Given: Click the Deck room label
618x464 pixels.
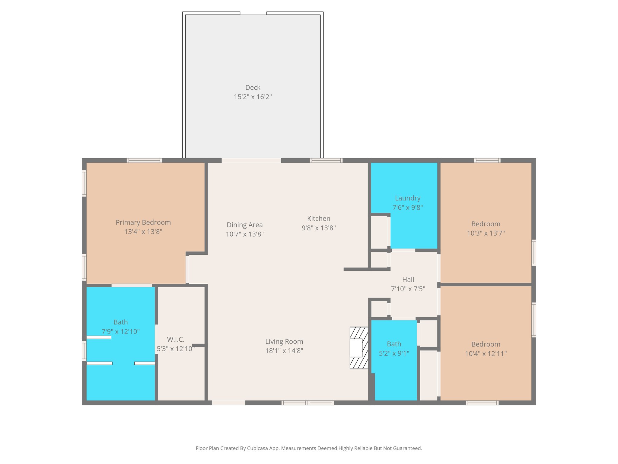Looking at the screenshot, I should pyautogui.click(x=253, y=88).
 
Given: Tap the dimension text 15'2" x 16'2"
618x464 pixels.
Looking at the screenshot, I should pyautogui.click(x=253, y=97).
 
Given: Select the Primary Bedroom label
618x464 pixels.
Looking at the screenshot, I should pyautogui.click(x=143, y=223).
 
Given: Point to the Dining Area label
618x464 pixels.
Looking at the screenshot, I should pyautogui.click(x=244, y=225).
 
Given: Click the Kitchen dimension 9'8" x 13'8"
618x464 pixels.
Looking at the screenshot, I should pyautogui.click(x=318, y=228).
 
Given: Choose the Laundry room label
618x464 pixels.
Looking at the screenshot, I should pyautogui.click(x=407, y=198).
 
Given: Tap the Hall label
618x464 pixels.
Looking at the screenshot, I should pyautogui.click(x=408, y=280).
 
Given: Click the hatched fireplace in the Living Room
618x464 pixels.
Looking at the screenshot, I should pyautogui.click(x=359, y=348).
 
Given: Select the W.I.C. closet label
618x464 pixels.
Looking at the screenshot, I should pyautogui.click(x=175, y=340).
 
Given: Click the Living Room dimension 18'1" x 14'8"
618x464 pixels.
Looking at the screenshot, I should pyautogui.click(x=284, y=351).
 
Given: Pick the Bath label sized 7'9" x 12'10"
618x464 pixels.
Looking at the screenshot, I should pyautogui.click(x=120, y=322).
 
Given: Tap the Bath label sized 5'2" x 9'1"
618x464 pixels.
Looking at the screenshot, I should pyautogui.click(x=394, y=344).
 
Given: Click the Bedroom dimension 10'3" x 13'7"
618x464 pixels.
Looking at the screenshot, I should pyautogui.click(x=486, y=233).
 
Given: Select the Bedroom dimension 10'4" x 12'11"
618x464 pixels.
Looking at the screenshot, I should pyautogui.click(x=486, y=354).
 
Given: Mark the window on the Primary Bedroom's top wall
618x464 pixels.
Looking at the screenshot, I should pyautogui.click(x=144, y=160).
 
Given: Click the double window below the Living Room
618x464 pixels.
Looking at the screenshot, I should pyautogui.click(x=307, y=403).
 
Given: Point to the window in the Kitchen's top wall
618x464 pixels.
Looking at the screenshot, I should pyautogui.click(x=326, y=160).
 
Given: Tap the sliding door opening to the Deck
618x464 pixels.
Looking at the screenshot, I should pyautogui.click(x=251, y=160).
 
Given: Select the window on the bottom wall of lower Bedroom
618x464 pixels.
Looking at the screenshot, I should pyautogui.click(x=482, y=403).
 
